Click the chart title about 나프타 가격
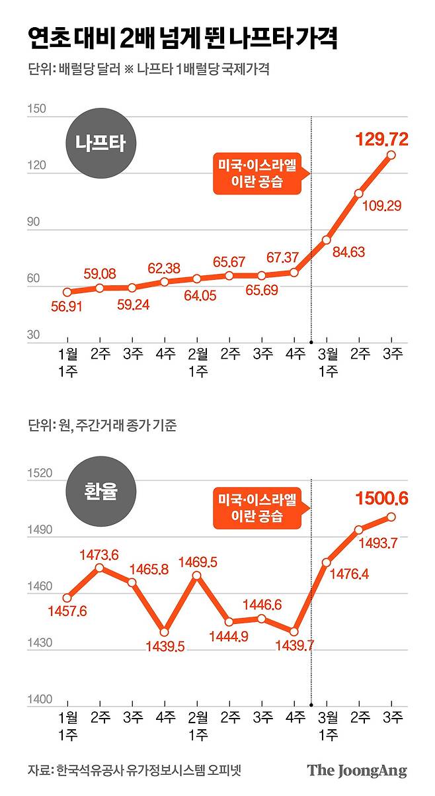point(182,39)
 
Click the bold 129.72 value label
point(382,139)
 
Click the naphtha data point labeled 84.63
point(327,240)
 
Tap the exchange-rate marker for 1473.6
point(100,568)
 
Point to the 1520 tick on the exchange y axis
point(40,473)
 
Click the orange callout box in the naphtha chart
point(257,173)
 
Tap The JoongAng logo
point(357,771)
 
